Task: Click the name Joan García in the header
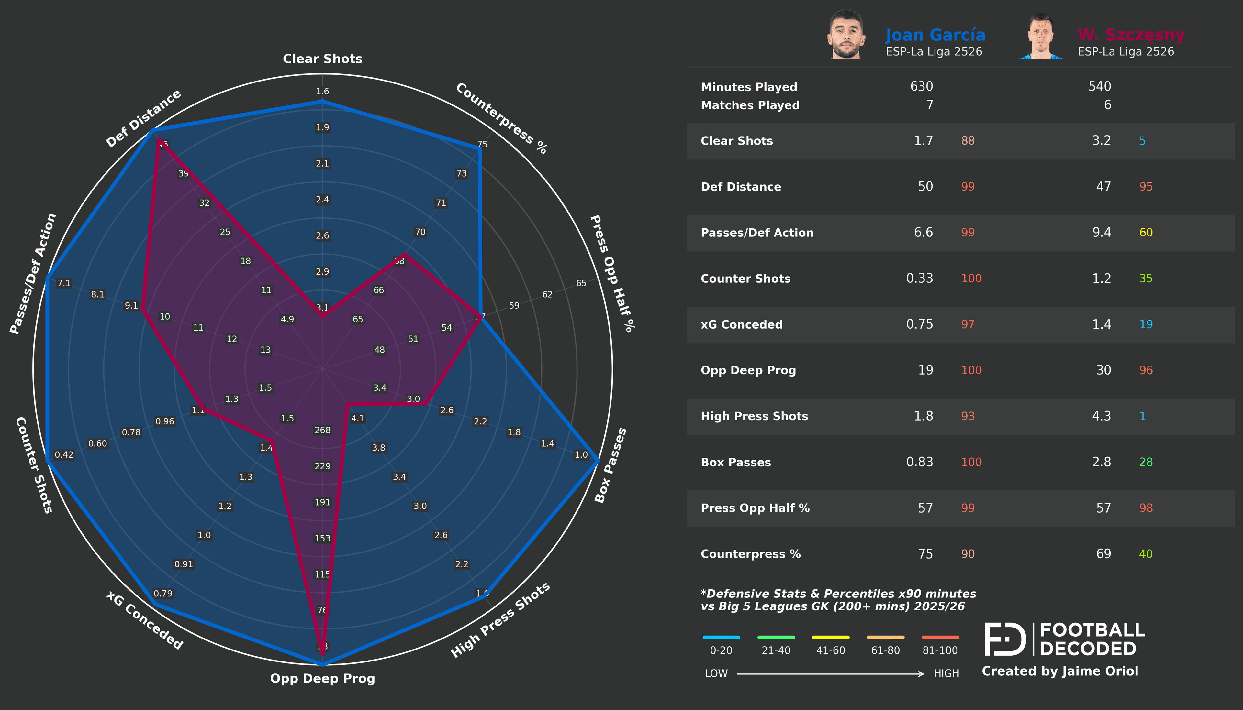(x=935, y=35)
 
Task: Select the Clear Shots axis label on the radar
(x=322, y=59)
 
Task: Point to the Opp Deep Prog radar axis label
(x=322, y=678)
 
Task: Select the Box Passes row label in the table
(x=736, y=462)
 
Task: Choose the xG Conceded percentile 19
(x=1146, y=325)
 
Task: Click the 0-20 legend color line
(x=721, y=637)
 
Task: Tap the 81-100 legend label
(x=940, y=650)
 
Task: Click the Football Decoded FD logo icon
(x=1005, y=639)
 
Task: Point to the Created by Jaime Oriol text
(x=1059, y=672)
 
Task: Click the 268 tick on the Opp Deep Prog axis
(x=322, y=430)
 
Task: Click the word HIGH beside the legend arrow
(x=946, y=673)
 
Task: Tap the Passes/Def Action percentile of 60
(x=1146, y=233)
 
